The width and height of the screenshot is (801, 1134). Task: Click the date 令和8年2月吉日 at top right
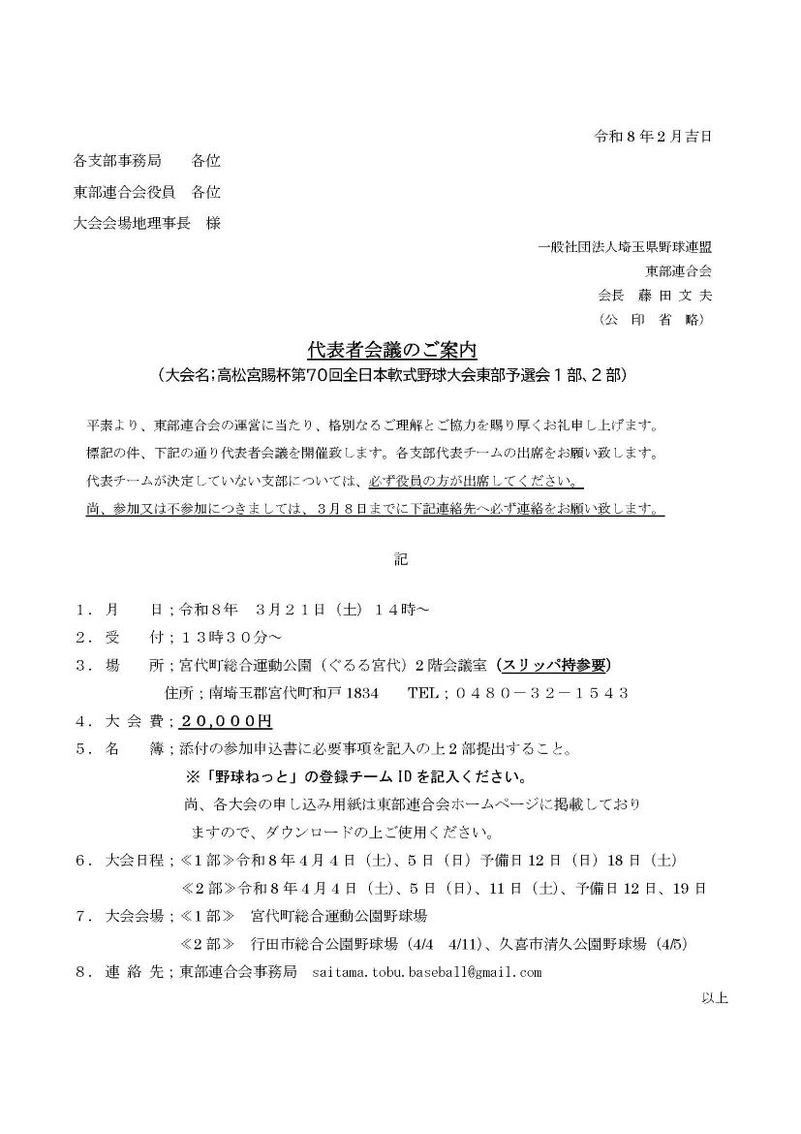coord(653,137)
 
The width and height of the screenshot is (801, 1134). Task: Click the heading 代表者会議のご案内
coord(392,350)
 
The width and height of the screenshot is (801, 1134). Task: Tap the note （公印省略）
coord(657,319)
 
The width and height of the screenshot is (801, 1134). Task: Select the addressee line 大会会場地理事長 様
coord(147,223)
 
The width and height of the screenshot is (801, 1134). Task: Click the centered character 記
coord(400,559)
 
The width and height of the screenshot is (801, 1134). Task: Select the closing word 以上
coord(714,997)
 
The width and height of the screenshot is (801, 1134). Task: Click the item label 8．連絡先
coord(121,972)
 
